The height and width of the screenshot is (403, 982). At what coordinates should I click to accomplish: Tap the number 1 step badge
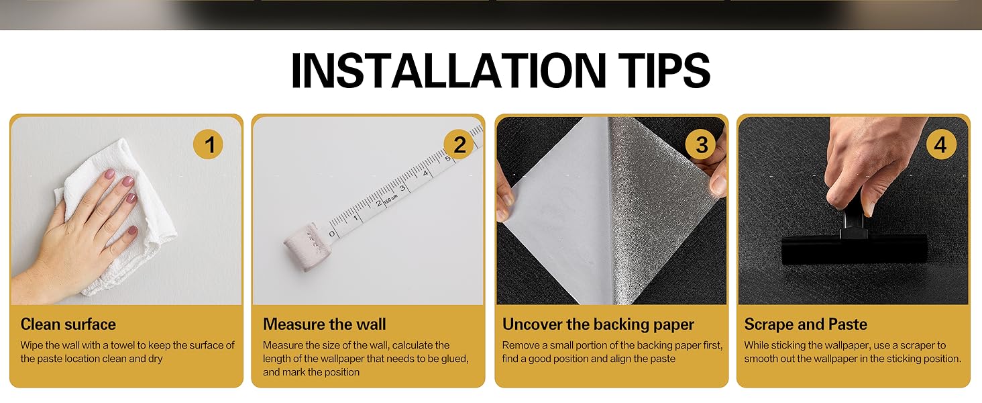(x=209, y=144)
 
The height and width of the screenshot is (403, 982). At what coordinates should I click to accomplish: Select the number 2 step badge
(x=459, y=144)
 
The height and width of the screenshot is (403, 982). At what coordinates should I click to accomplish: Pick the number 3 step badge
(x=702, y=144)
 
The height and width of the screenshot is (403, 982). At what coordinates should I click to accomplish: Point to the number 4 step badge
(x=941, y=144)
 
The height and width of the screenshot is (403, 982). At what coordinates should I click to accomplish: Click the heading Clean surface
(x=68, y=324)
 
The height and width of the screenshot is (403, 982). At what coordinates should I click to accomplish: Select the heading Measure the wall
(x=325, y=324)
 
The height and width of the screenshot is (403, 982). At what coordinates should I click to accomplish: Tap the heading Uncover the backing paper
(x=598, y=324)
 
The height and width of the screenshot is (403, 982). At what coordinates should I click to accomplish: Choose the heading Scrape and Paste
(x=806, y=324)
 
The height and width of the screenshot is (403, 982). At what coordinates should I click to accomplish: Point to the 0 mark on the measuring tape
(x=331, y=234)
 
